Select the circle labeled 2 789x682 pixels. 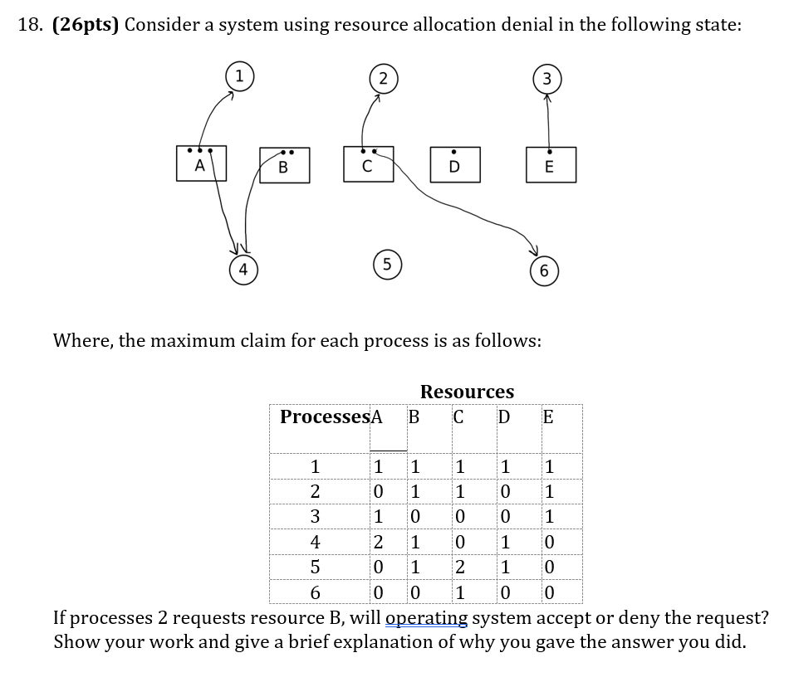381,80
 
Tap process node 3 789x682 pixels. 546,80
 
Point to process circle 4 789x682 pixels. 243,270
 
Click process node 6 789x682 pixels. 543,271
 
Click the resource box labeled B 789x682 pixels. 283,167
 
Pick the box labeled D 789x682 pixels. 453,166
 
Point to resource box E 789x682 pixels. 549,166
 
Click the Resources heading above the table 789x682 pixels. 467,392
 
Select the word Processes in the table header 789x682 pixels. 324,417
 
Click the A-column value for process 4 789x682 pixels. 379,543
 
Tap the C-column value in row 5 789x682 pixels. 459,569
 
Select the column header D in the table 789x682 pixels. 503,417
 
